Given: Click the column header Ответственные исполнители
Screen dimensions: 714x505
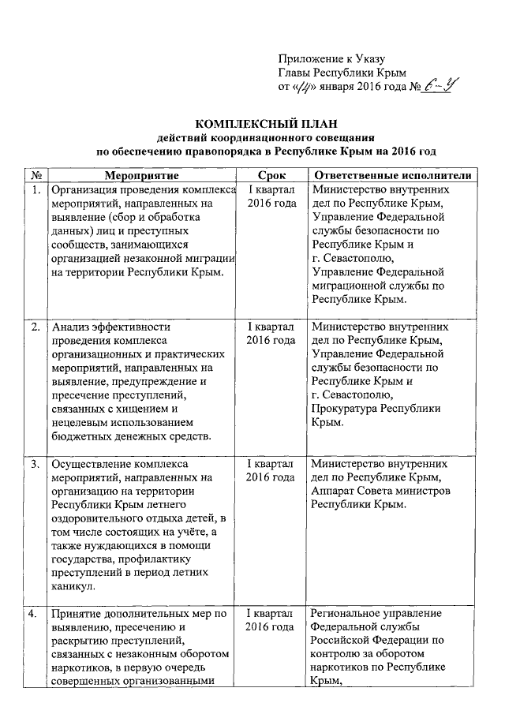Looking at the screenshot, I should pos(392,174).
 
